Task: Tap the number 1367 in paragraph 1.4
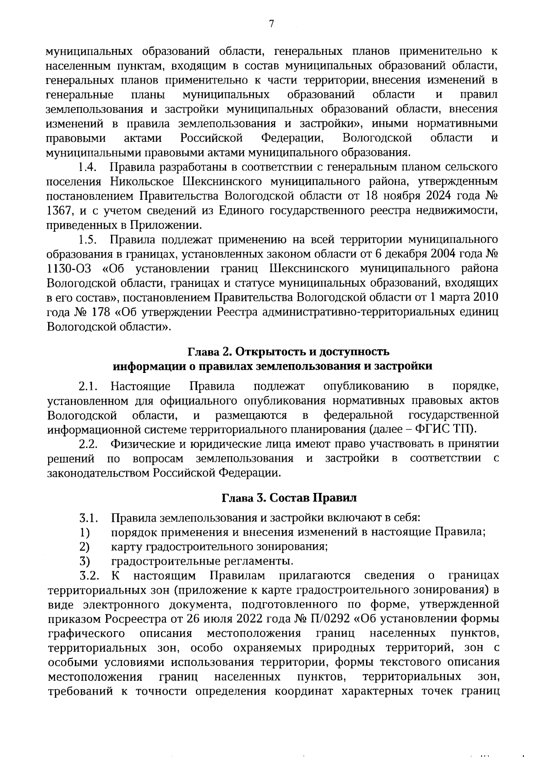coord(60,211)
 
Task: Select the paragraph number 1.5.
coord(87,240)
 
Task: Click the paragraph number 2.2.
coord(88,444)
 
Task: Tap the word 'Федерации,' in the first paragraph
coord(292,138)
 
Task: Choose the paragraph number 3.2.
coord(88,575)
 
